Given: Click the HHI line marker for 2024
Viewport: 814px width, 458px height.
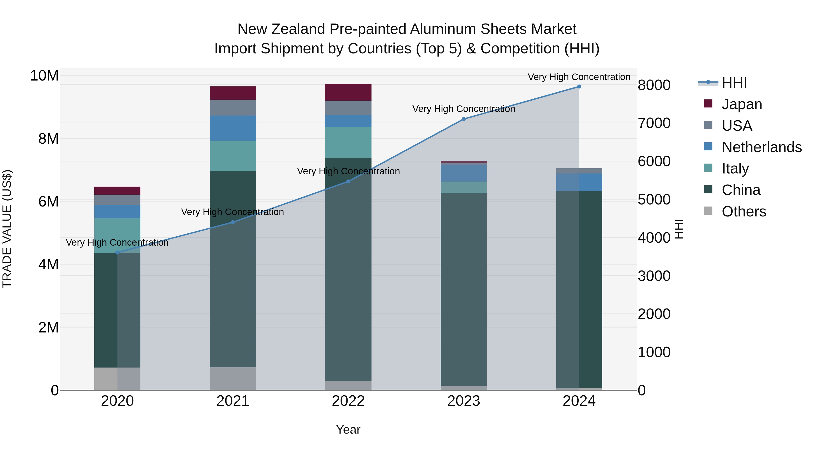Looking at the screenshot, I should [x=579, y=87].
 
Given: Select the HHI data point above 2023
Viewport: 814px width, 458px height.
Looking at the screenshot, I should [x=464, y=119].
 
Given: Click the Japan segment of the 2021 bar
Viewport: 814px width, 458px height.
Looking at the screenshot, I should [x=233, y=93].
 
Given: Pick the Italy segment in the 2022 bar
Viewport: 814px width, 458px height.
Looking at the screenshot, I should [x=348, y=142].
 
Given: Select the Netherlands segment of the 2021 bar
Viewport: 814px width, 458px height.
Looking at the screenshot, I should [x=233, y=128].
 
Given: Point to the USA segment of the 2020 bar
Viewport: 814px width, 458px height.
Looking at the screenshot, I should [x=117, y=200].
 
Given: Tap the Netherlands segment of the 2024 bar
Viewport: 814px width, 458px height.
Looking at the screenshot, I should [x=579, y=182].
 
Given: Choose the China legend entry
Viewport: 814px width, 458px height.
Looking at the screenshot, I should [x=741, y=190].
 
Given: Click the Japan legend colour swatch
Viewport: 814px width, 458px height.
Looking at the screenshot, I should [x=708, y=104].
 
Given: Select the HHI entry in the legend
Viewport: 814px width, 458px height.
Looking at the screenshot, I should [x=734, y=83].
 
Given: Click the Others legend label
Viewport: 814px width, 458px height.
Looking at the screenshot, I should [x=744, y=211].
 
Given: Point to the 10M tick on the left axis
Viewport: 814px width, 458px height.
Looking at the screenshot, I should [x=44, y=76].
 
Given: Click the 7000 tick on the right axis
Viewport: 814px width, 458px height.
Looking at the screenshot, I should [x=654, y=123].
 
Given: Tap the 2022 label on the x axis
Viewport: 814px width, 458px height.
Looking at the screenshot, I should [x=348, y=401].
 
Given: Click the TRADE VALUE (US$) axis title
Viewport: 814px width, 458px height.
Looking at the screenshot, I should [x=7, y=229].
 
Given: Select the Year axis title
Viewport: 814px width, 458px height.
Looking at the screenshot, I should [x=348, y=430].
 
